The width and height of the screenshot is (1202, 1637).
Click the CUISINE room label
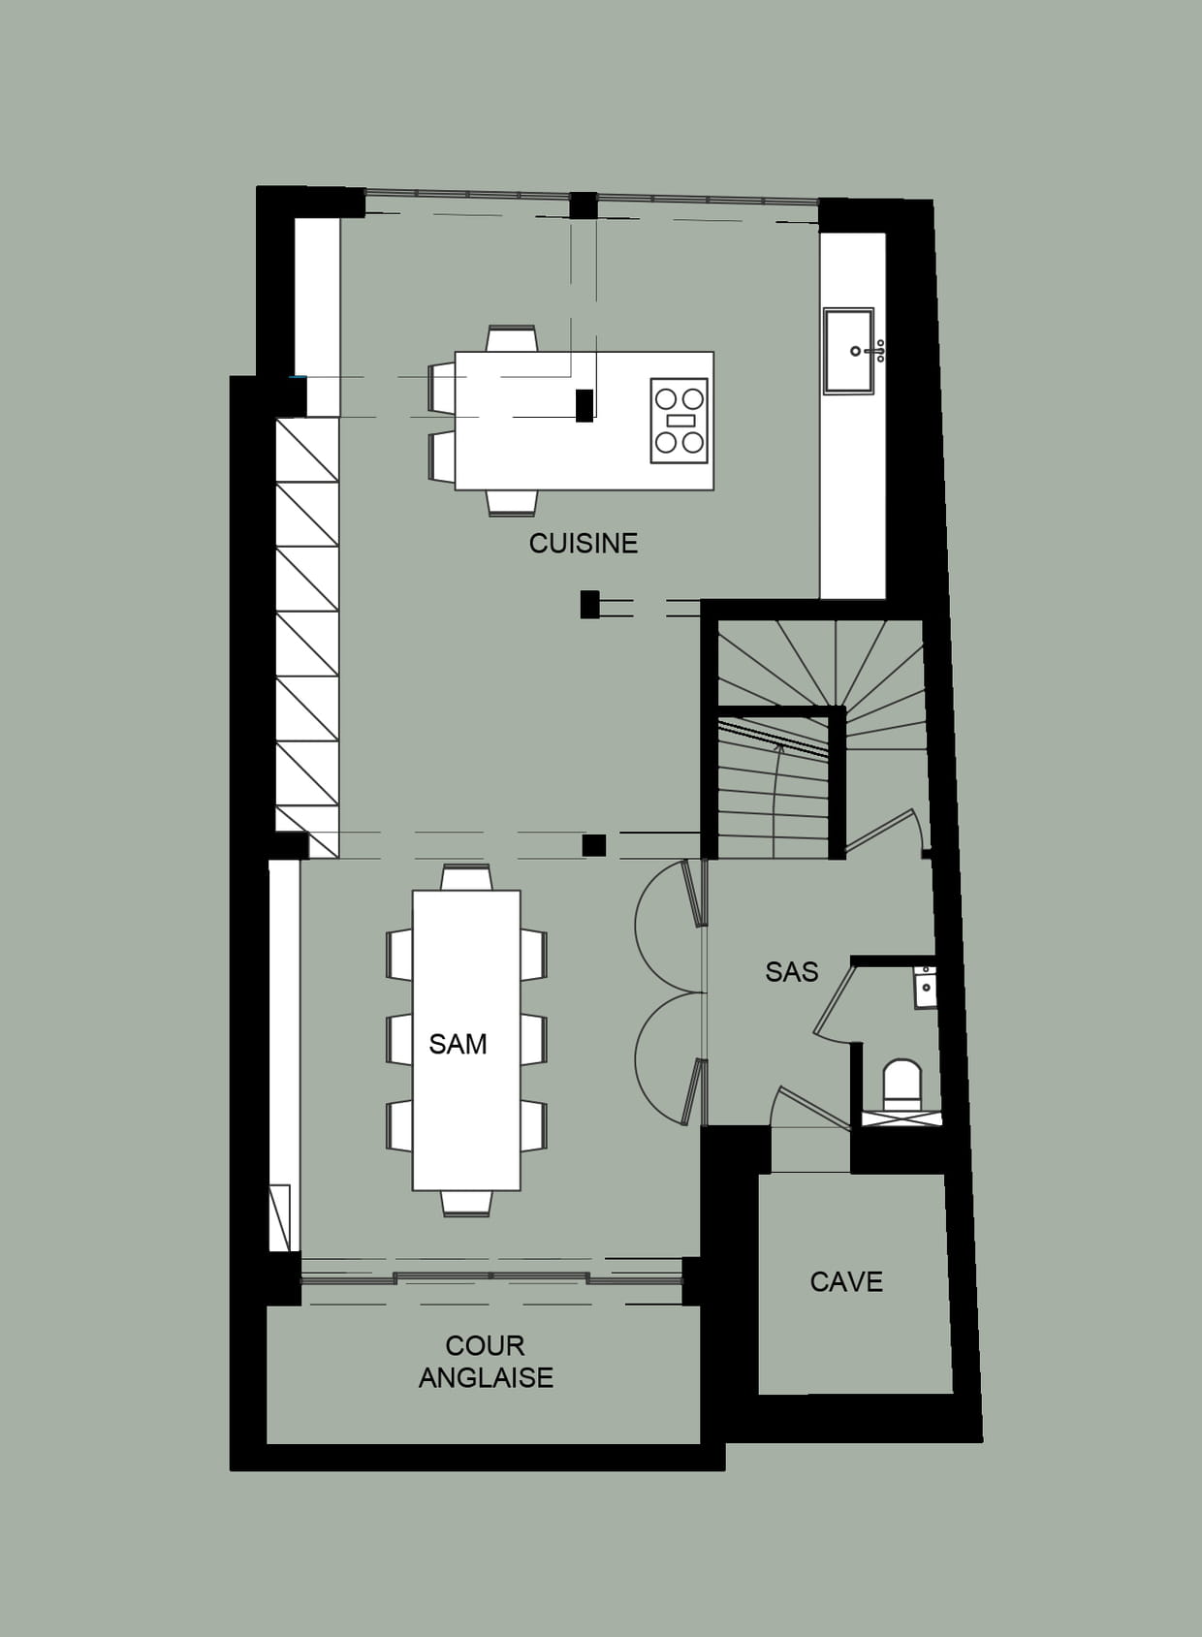(x=584, y=543)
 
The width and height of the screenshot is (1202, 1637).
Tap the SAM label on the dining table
(x=458, y=1044)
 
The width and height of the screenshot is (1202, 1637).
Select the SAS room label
(x=791, y=972)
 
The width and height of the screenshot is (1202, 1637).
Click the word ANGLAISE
(x=486, y=1377)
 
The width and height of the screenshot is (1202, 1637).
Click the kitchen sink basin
(x=849, y=351)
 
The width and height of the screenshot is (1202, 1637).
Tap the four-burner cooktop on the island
(x=680, y=421)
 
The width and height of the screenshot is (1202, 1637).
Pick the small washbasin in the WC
(x=925, y=988)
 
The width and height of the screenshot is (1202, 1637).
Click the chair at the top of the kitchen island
(x=512, y=338)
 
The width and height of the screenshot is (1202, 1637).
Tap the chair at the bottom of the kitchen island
(x=512, y=503)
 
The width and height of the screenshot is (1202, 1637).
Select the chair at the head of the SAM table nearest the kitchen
(x=466, y=878)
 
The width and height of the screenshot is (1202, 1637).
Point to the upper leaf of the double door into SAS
(x=693, y=893)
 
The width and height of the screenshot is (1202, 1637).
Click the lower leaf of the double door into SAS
(x=693, y=1092)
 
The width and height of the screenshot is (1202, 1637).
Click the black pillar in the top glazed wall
(x=584, y=205)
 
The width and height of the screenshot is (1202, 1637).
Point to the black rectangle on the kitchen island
(x=585, y=405)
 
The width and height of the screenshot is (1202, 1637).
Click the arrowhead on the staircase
(x=779, y=747)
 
